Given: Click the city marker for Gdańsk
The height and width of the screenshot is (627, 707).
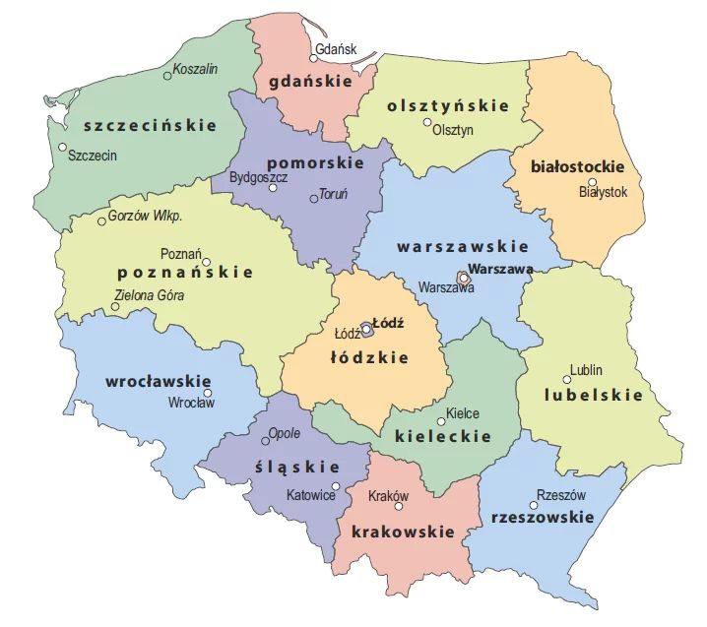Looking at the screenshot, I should pyautogui.click(x=315, y=58).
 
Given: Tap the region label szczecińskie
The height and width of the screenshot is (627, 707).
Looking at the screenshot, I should pyautogui.click(x=150, y=125).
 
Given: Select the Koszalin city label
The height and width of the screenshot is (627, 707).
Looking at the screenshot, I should pyautogui.click(x=195, y=68).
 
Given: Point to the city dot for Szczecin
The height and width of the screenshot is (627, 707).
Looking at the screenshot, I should pyautogui.click(x=62, y=148).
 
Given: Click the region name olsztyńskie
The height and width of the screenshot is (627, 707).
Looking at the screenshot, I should pyautogui.click(x=447, y=105).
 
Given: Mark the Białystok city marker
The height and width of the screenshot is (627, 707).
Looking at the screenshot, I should pyautogui.click(x=592, y=181).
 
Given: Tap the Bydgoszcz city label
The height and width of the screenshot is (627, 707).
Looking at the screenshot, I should pyautogui.click(x=257, y=178).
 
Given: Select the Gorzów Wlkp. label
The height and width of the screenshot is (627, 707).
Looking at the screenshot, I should pyautogui.click(x=146, y=216).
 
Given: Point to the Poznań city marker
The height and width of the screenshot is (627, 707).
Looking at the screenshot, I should pyautogui.click(x=207, y=262).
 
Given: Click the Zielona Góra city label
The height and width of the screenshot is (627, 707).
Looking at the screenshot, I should pyautogui.click(x=149, y=294).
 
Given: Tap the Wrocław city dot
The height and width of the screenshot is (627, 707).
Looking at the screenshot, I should pyautogui.click(x=208, y=393).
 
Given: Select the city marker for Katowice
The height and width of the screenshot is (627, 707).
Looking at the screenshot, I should pyautogui.click(x=336, y=486).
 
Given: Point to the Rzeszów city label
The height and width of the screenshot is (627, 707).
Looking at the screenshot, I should pyautogui.click(x=561, y=496).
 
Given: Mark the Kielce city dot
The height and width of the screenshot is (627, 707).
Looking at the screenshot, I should pyautogui.click(x=441, y=421).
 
